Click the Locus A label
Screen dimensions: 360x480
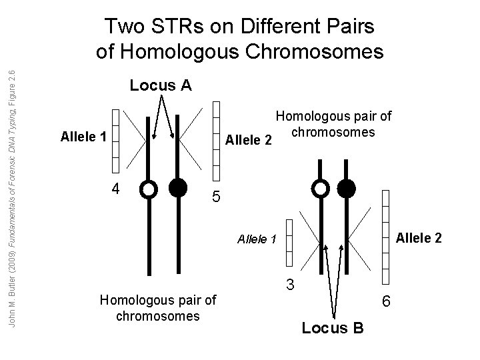point(160,85)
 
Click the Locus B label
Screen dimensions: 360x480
point(333,327)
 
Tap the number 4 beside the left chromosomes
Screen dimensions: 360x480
point(116,188)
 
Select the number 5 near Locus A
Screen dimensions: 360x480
point(215,197)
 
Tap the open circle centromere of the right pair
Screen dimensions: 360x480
point(322,188)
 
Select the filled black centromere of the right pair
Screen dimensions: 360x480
point(347,188)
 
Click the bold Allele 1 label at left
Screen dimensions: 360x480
point(83,137)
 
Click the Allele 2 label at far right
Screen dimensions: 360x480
point(419,237)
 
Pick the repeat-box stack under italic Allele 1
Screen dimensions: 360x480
point(289,244)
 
